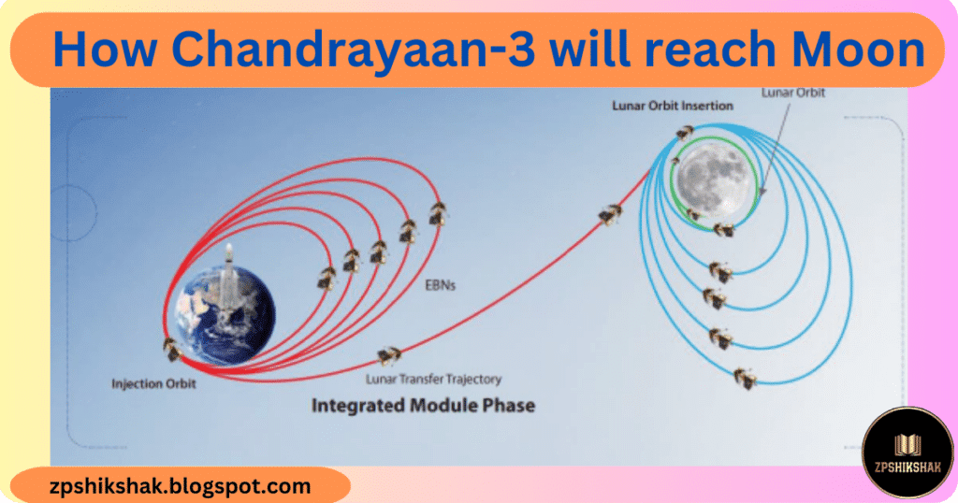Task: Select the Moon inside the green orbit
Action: click(714, 178)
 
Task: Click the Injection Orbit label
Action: click(153, 383)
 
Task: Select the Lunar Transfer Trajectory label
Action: click(434, 379)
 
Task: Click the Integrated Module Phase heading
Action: click(422, 407)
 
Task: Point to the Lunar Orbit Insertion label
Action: click(672, 107)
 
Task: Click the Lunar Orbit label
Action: click(793, 93)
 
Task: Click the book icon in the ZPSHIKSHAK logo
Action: click(907, 445)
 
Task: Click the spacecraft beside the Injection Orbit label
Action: click(171, 349)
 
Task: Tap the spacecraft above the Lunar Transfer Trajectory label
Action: click(388, 354)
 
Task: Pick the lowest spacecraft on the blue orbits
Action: click(746, 378)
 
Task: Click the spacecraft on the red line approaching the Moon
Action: click(610, 215)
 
